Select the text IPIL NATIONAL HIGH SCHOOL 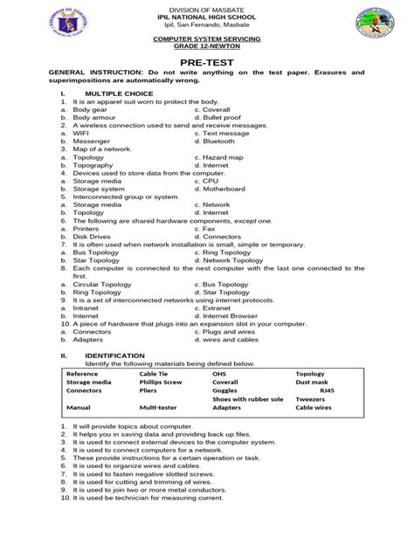click(x=207, y=17)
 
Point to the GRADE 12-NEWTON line click(x=207, y=46)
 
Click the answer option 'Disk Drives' click(x=92, y=236)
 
